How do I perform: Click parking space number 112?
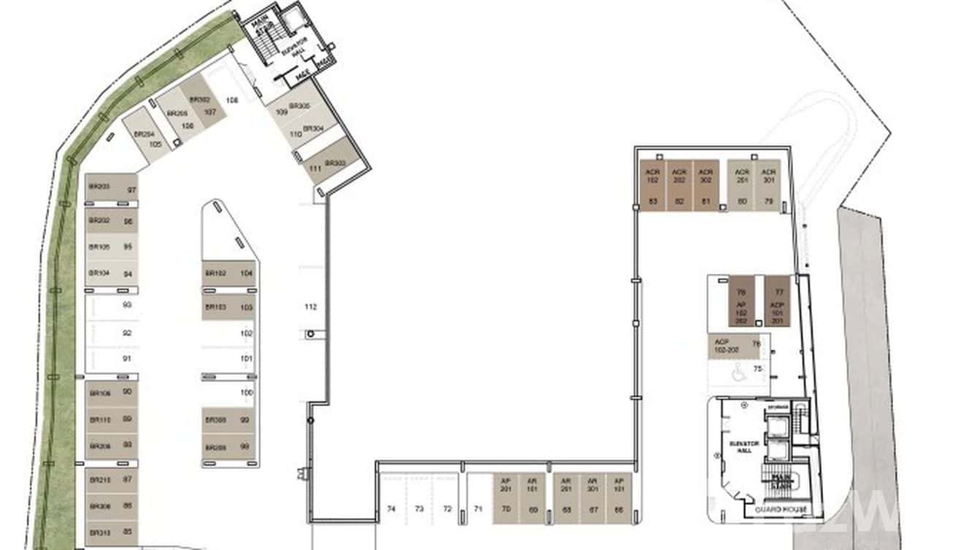(x=310, y=307)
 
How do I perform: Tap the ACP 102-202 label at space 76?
(x=727, y=346)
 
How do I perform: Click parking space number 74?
(x=391, y=508)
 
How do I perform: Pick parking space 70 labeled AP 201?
(x=505, y=500)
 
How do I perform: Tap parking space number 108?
(x=232, y=100)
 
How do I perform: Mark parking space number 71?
(x=478, y=508)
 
